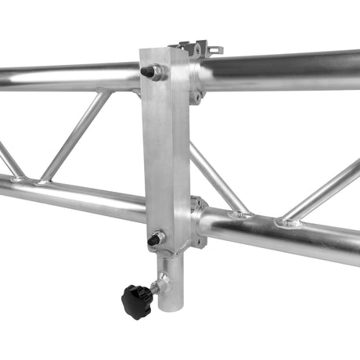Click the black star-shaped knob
click(x=135, y=300)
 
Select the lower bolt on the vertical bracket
click(x=154, y=238)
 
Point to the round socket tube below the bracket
click(x=171, y=282)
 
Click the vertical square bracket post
click(x=165, y=149)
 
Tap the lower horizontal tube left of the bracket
click(x=70, y=196)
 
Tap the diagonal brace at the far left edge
click(x=9, y=160)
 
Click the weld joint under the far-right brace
click(x=290, y=223)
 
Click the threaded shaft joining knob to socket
click(x=156, y=288)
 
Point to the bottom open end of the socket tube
click(x=170, y=308)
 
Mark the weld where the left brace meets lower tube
click(x=43, y=182)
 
